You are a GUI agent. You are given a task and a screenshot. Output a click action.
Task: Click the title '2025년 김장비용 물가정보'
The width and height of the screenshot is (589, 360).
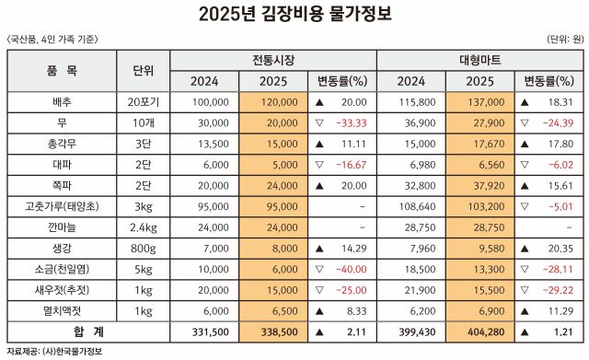[294, 14]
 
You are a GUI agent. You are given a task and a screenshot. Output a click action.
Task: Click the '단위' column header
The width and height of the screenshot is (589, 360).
[143, 71]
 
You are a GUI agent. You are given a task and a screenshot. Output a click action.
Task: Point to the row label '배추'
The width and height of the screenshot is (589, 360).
[63, 101]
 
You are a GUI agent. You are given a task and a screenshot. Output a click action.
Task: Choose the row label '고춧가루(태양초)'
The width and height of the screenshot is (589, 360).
[63, 205]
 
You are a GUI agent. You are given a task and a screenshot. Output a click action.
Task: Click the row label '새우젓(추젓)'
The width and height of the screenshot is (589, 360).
[63, 289]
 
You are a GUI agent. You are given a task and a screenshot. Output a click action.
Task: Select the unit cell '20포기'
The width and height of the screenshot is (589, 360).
[143, 101]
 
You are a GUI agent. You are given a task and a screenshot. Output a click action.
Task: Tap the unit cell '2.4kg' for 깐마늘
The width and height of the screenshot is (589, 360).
[143, 226]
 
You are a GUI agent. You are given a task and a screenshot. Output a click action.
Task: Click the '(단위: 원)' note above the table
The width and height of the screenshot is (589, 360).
[563, 39]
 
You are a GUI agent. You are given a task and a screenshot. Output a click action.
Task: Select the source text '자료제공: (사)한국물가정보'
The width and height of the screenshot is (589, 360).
[52, 352]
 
